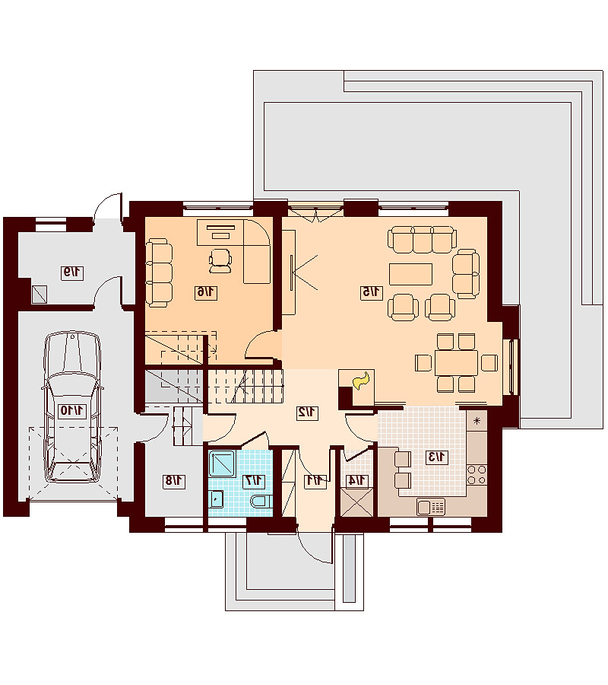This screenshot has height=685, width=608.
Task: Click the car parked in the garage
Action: coord(72,407)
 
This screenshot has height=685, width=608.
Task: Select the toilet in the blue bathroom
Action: coord(261,501)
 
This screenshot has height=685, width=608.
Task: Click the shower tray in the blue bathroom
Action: coord(223,464)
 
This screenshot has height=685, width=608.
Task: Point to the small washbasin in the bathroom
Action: coord(217,498)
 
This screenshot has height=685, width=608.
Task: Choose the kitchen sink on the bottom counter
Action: coord(431,507)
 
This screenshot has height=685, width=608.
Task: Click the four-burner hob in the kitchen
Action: coord(477,475)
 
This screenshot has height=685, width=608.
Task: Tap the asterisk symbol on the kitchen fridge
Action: coord(477,421)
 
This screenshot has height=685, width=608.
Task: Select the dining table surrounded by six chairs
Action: coord(456,362)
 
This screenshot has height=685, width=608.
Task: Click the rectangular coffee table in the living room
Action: coord(410,274)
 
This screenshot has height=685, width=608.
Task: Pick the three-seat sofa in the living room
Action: coord(423,240)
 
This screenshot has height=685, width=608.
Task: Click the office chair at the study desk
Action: coord(220,260)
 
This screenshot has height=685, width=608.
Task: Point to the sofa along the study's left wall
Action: coord(158,271)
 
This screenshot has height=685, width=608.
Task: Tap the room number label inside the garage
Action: coord(72,411)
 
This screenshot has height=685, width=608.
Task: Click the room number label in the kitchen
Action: coord(436,457)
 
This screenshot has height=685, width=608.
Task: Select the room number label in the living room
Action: coord(372,292)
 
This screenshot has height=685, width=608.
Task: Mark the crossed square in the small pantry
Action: coord(356,502)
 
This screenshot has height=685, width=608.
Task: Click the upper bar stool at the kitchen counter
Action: coord(403,459)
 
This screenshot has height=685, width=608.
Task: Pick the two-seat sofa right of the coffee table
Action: coord(466,274)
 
